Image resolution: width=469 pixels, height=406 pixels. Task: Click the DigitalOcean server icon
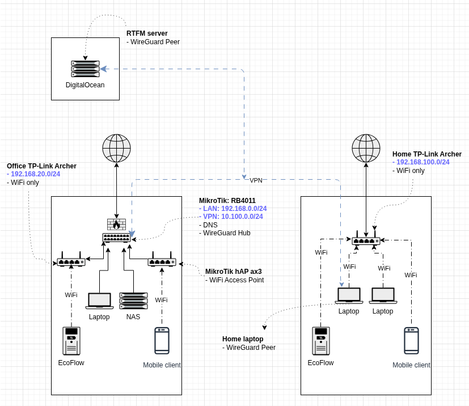pos(85,69)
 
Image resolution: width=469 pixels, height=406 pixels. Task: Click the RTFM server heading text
pos(147,33)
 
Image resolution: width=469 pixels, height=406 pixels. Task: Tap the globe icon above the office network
pos(116,148)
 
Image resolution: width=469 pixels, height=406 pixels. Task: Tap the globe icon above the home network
pos(366,148)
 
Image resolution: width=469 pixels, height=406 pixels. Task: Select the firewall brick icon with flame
pos(116,225)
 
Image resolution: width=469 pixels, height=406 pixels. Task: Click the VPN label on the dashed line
pos(256,180)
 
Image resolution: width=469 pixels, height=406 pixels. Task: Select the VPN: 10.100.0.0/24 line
pos(233,217)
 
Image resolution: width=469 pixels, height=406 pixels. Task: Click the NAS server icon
pos(133,301)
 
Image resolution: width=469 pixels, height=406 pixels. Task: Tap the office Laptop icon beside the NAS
pos(99,301)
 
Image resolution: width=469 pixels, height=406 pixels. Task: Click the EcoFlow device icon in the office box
pos(71,341)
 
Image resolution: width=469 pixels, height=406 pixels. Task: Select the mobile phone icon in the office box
pos(162,340)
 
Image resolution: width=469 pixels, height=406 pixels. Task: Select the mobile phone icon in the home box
pos(411,340)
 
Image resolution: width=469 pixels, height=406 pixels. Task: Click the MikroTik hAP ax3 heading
pos(233,272)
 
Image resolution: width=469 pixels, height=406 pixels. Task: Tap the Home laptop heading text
pos(243,339)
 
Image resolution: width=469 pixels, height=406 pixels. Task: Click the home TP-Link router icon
pos(366,240)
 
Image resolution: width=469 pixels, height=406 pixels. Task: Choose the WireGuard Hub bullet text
pos(226,232)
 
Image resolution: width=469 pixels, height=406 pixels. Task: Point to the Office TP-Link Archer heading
pos(41,166)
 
